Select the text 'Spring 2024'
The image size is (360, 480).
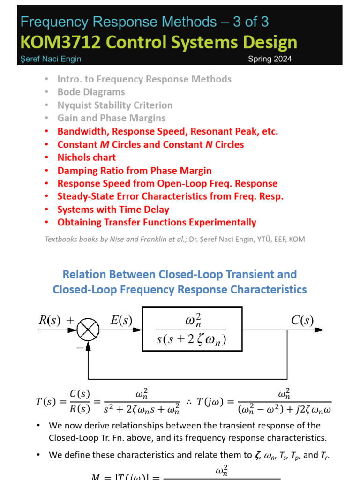pyautogui.click(x=270, y=59)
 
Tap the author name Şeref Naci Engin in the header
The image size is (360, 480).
pyautogui.click(x=51, y=59)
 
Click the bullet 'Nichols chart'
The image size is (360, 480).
pyautogui.click(x=86, y=157)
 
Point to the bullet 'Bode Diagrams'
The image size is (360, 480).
pyautogui.click(x=91, y=92)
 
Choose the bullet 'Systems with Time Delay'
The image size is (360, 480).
pyautogui.click(x=113, y=210)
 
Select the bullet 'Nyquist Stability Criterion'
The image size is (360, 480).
pyautogui.click(x=115, y=105)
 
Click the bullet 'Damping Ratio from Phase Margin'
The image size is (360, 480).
pyautogui.click(x=134, y=171)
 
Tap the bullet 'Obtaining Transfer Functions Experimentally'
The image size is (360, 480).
pyautogui.click(x=157, y=222)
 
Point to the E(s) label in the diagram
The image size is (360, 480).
pyautogui.click(x=120, y=321)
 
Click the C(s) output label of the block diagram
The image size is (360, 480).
pyautogui.click(x=302, y=321)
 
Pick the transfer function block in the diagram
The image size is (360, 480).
pyautogui.click(x=192, y=329)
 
